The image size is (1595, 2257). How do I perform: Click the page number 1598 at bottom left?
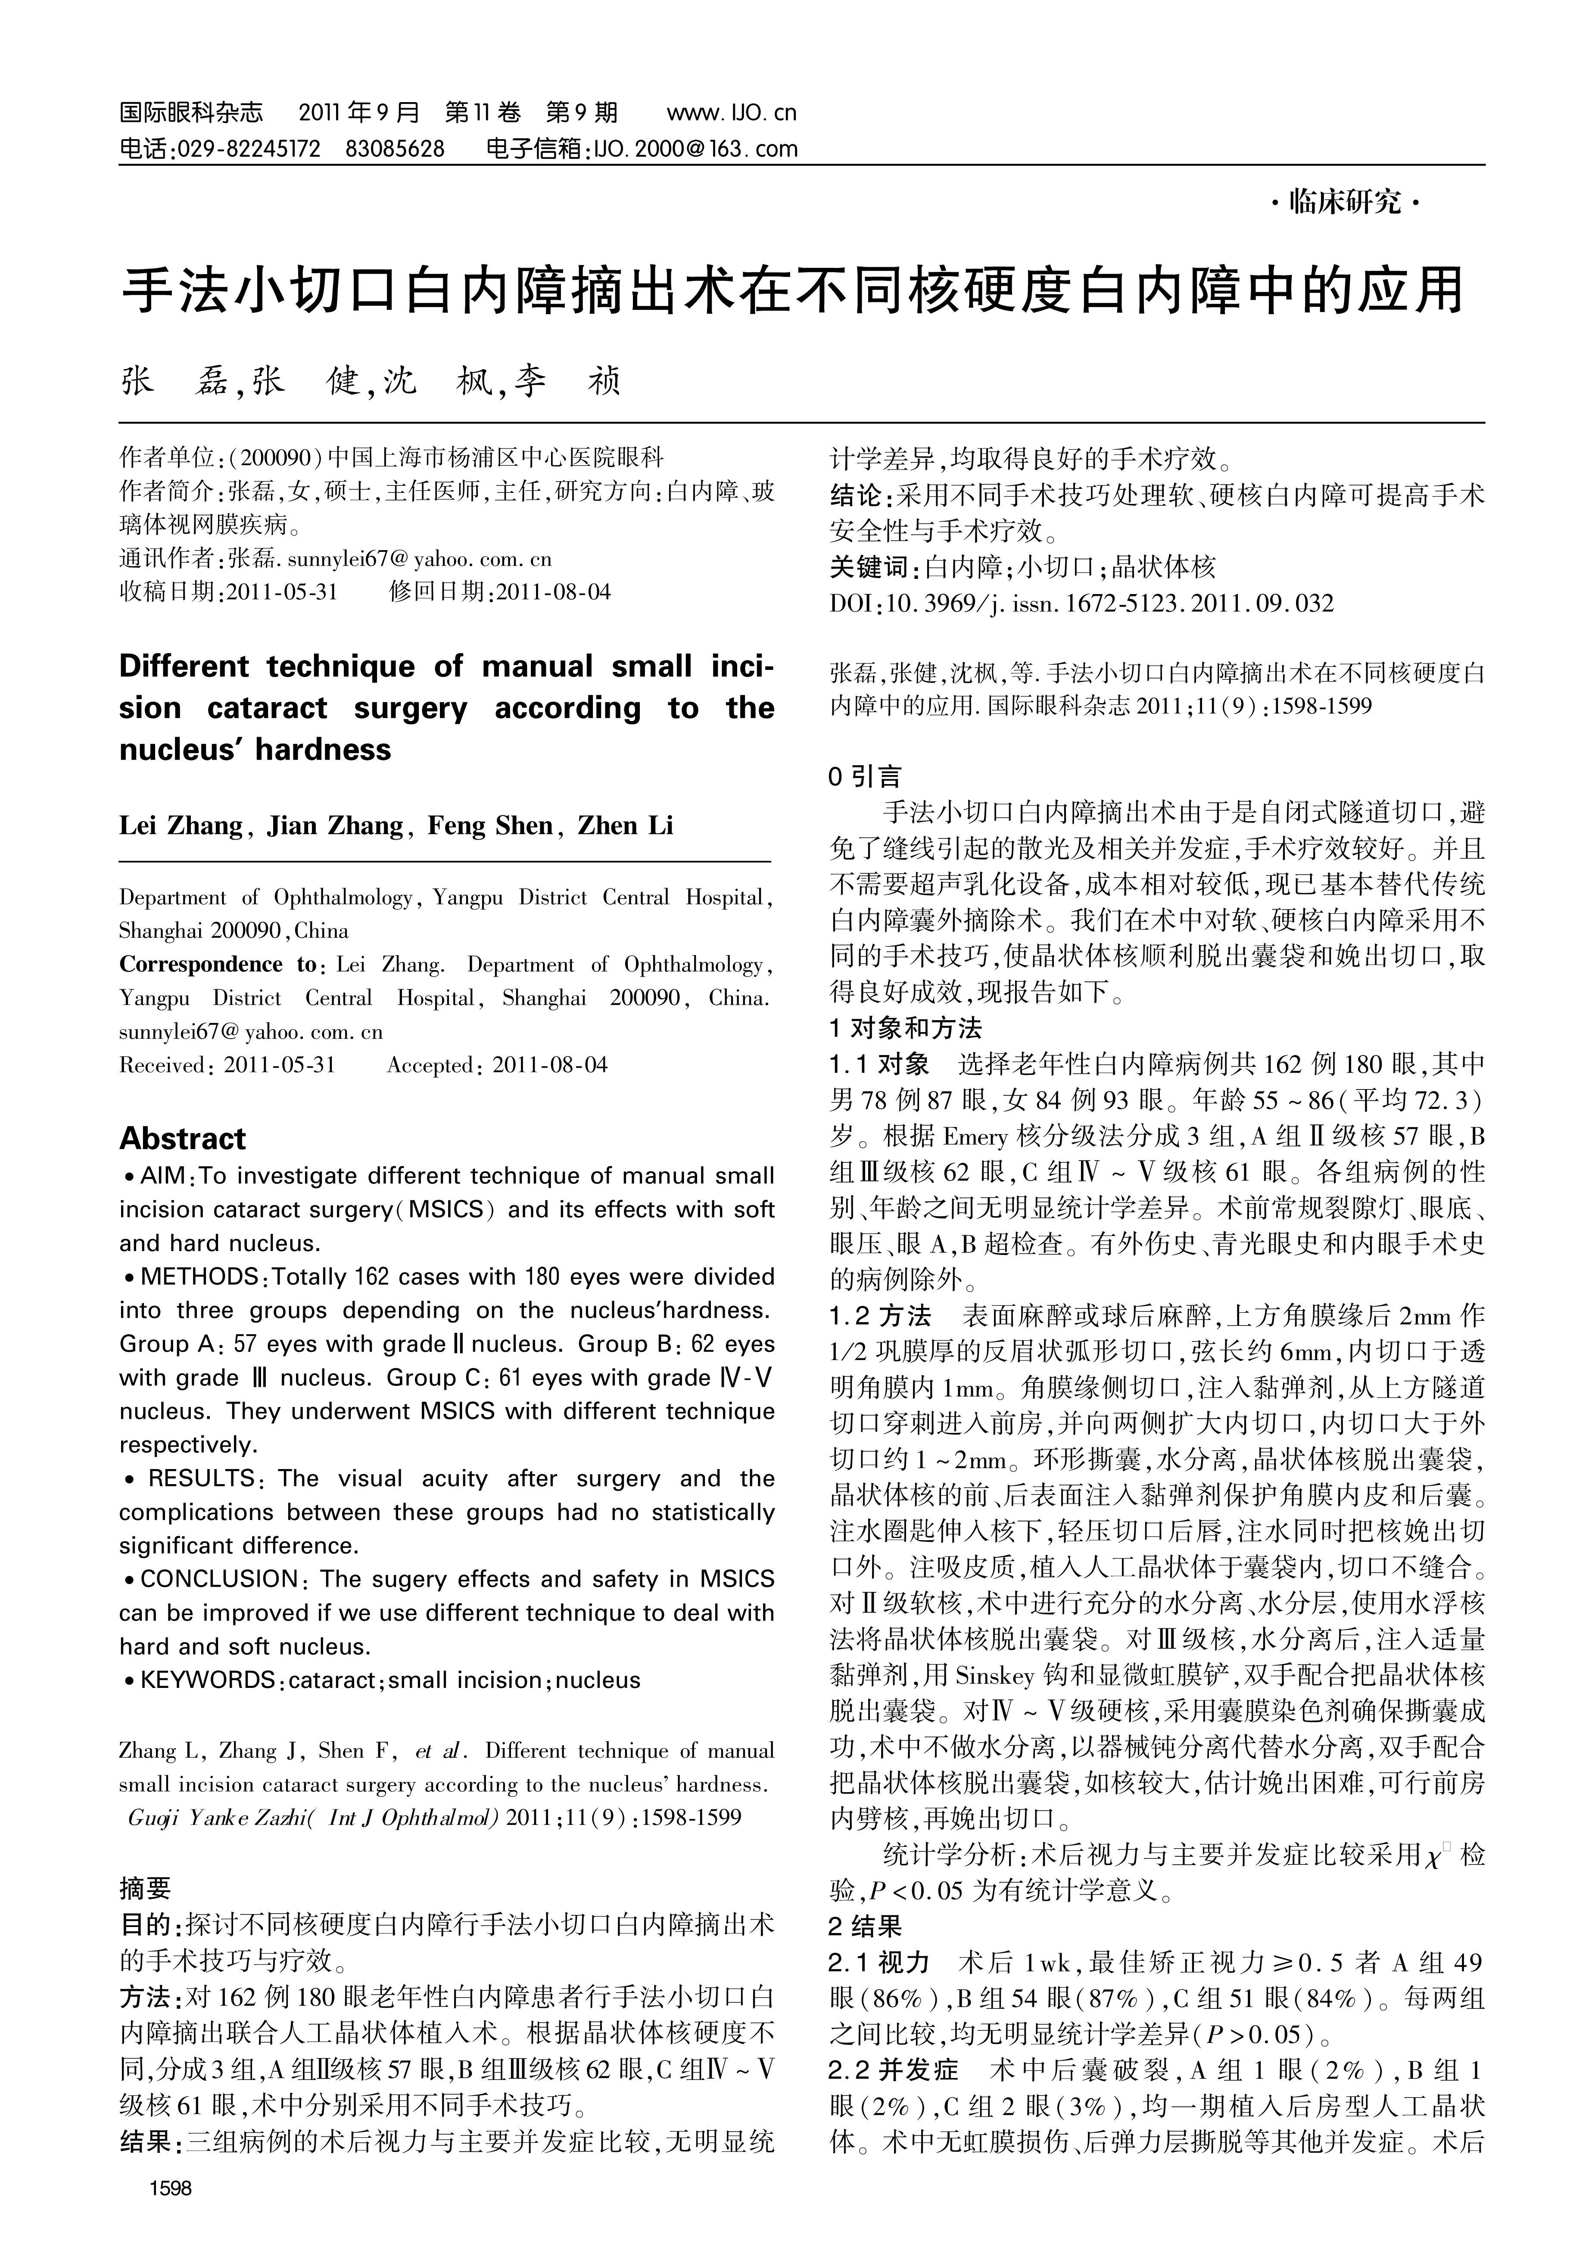[x=170, y=2187]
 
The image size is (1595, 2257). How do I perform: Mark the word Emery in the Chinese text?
[x=975, y=1137]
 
